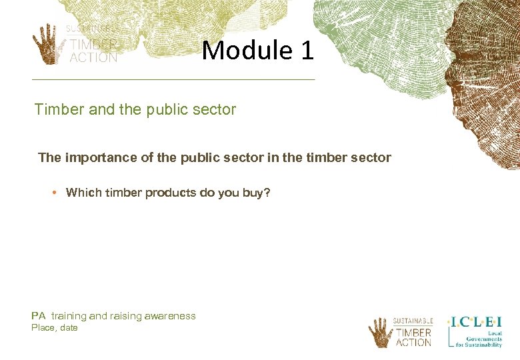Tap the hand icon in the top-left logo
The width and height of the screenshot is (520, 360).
coord(47,43)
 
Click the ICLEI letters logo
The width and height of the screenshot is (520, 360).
coord(475,321)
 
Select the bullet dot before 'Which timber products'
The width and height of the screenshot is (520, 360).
coord(57,193)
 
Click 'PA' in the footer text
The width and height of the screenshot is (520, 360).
coord(38,316)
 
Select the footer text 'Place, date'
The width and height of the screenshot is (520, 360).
coord(55,328)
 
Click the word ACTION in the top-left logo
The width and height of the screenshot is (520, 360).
coord(94,57)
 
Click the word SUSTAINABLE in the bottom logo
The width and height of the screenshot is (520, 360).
coord(413,321)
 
